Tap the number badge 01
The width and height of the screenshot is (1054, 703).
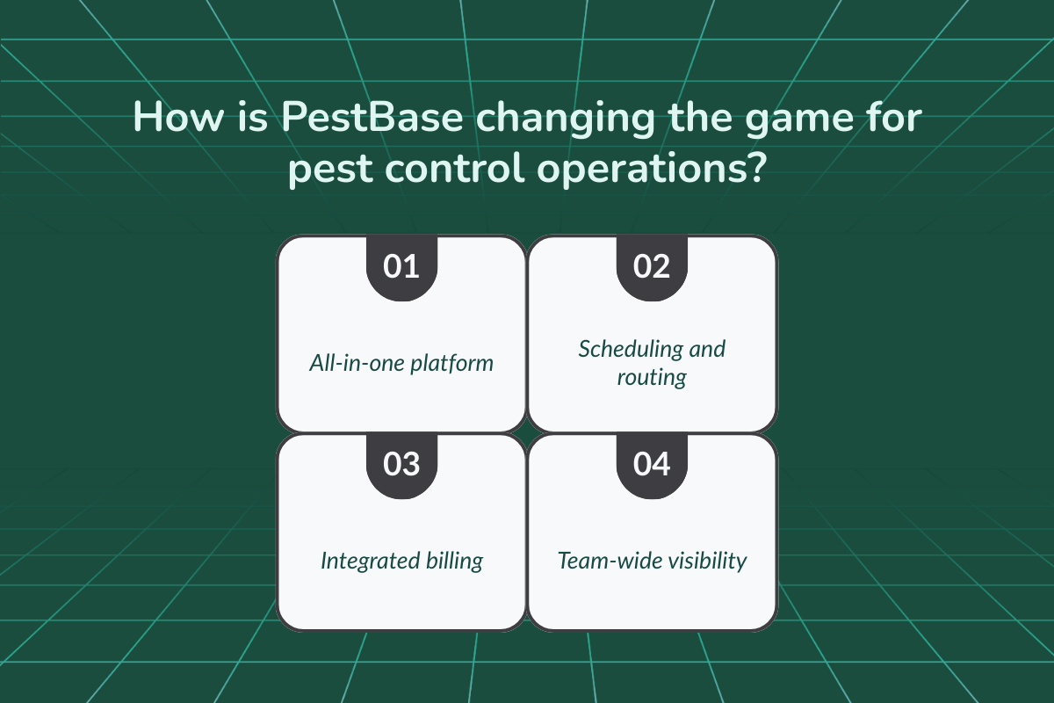pyautogui.click(x=401, y=265)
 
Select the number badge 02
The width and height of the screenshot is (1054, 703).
pyautogui.click(x=652, y=265)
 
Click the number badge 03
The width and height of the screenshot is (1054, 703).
pyautogui.click(x=401, y=464)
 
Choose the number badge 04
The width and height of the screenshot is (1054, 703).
pyautogui.click(x=652, y=464)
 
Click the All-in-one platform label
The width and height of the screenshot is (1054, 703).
pyautogui.click(x=401, y=362)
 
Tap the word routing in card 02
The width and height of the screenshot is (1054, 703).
pyautogui.click(x=652, y=378)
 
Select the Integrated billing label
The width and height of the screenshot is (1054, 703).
pyautogui.click(x=401, y=560)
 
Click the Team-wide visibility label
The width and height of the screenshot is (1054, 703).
pyautogui.click(x=652, y=560)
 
